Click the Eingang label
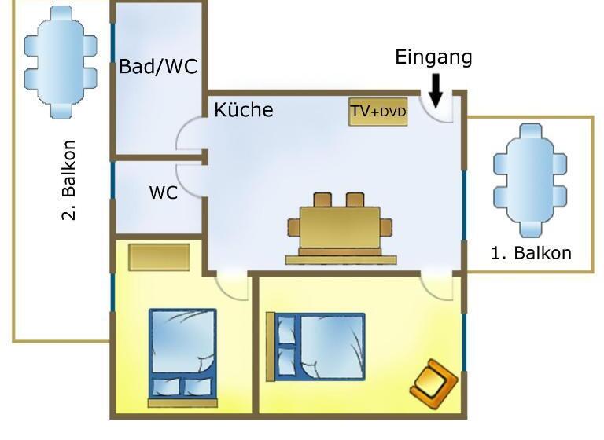click(x=433, y=57)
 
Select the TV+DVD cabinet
click(x=378, y=112)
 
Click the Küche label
click(x=244, y=110)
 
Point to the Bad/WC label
click(x=158, y=67)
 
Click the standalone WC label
click(x=163, y=192)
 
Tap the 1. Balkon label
click(x=531, y=253)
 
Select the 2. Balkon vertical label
click(x=69, y=180)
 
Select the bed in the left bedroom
click(x=183, y=353)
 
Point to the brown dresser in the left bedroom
click(x=160, y=257)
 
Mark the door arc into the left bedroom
click(x=233, y=286)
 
